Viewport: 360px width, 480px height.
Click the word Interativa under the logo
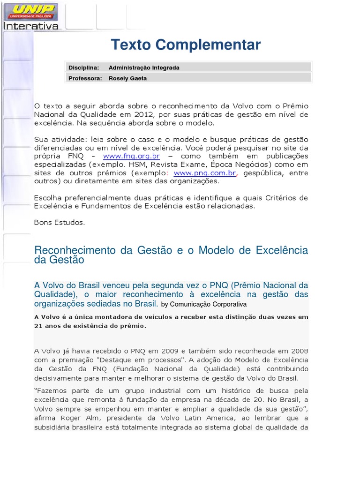tap(31, 26)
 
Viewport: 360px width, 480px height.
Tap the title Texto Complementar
tap(186, 45)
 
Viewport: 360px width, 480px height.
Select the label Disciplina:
tap(84, 67)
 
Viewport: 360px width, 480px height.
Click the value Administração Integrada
tap(144, 67)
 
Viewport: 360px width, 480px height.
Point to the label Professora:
tap(85, 78)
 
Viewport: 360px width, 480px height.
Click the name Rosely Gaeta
tap(127, 78)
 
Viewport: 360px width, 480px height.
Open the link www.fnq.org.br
tap(132, 156)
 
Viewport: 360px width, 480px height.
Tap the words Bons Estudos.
tap(60, 223)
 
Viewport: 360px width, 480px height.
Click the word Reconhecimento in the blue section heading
tap(75, 250)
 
